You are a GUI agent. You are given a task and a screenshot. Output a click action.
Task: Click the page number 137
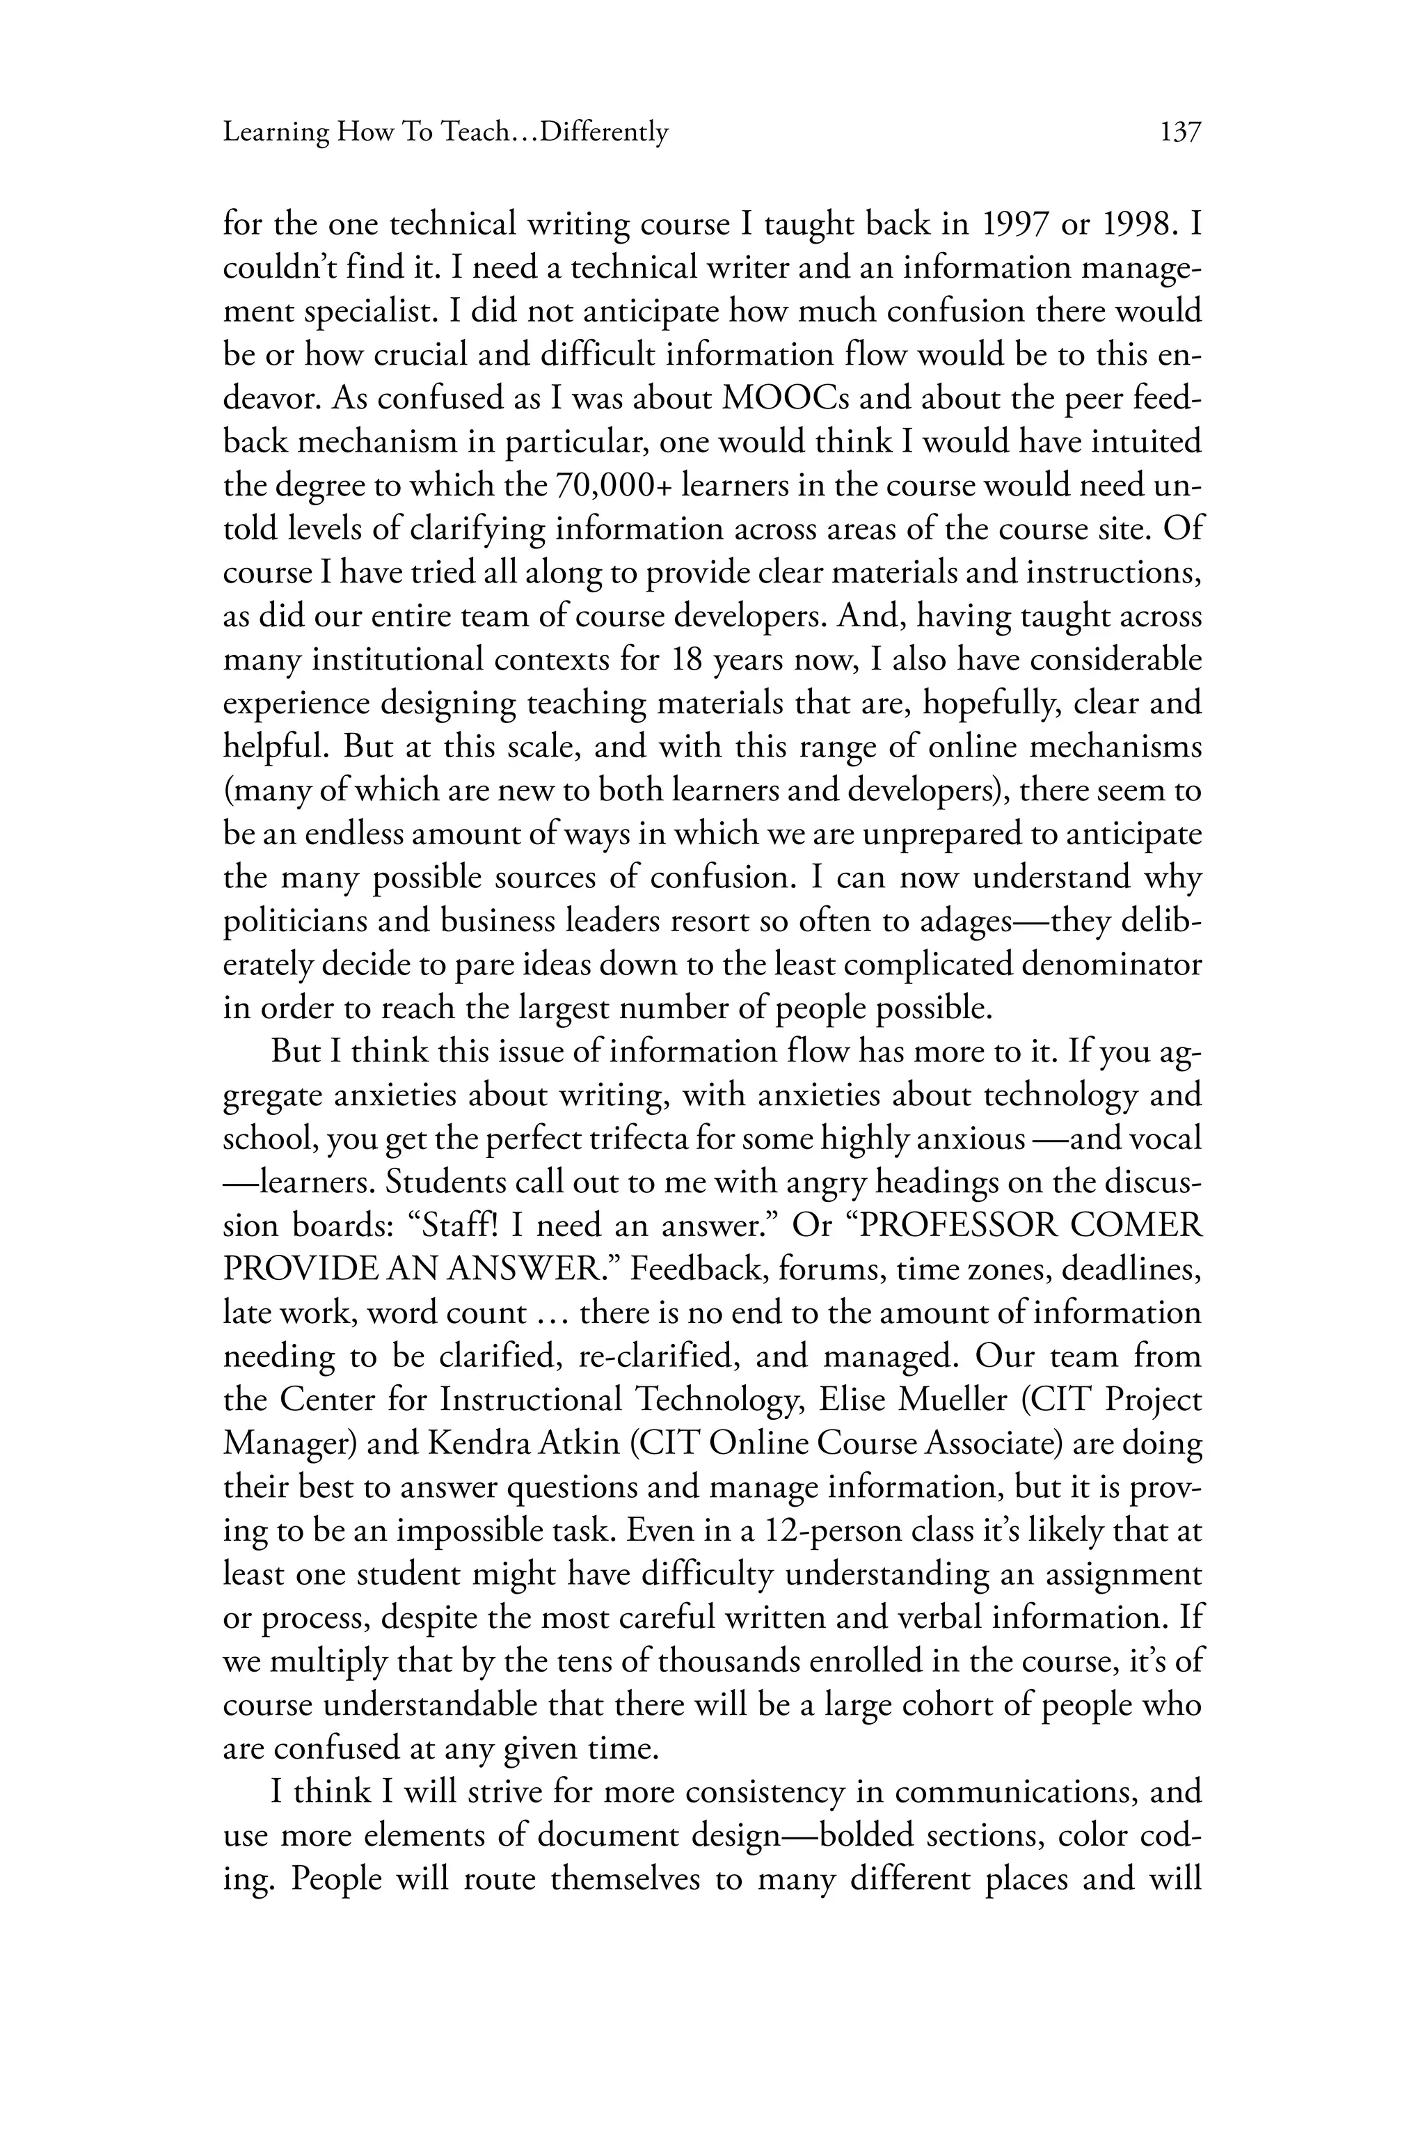pos(1181,133)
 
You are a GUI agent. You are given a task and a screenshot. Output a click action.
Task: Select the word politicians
pos(294,920)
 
